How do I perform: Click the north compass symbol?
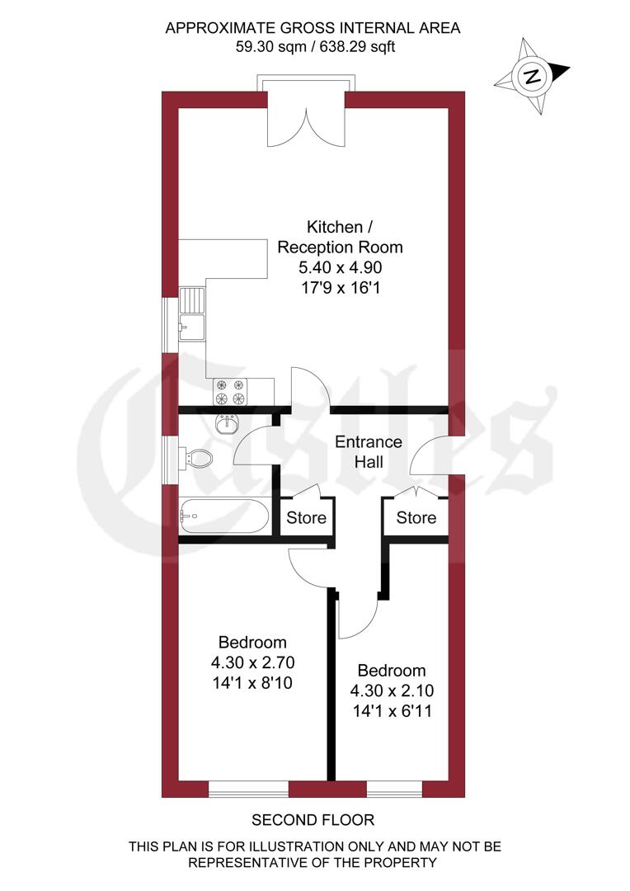click(x=532, y=77)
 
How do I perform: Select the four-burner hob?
click(x=231, y=392)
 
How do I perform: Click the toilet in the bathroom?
click(x=197, y=458)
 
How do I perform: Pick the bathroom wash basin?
click(x=225, y=423)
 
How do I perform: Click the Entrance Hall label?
click(x=368, y=452)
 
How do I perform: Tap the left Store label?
click(x=307, y=519)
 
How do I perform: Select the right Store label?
click(x=416, y=518)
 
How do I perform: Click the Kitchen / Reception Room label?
click(x=340, y=237)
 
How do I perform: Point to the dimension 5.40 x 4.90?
click(x=340, y=267)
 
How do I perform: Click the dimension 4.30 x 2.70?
click(x=252, y=662)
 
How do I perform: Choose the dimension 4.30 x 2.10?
click(x=391, y=691)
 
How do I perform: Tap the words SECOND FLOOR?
click(x=313, y=820)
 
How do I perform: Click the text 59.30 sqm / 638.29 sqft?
click(x=315, y=47)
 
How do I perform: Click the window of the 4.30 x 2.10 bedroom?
click(x=394, y=790)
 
